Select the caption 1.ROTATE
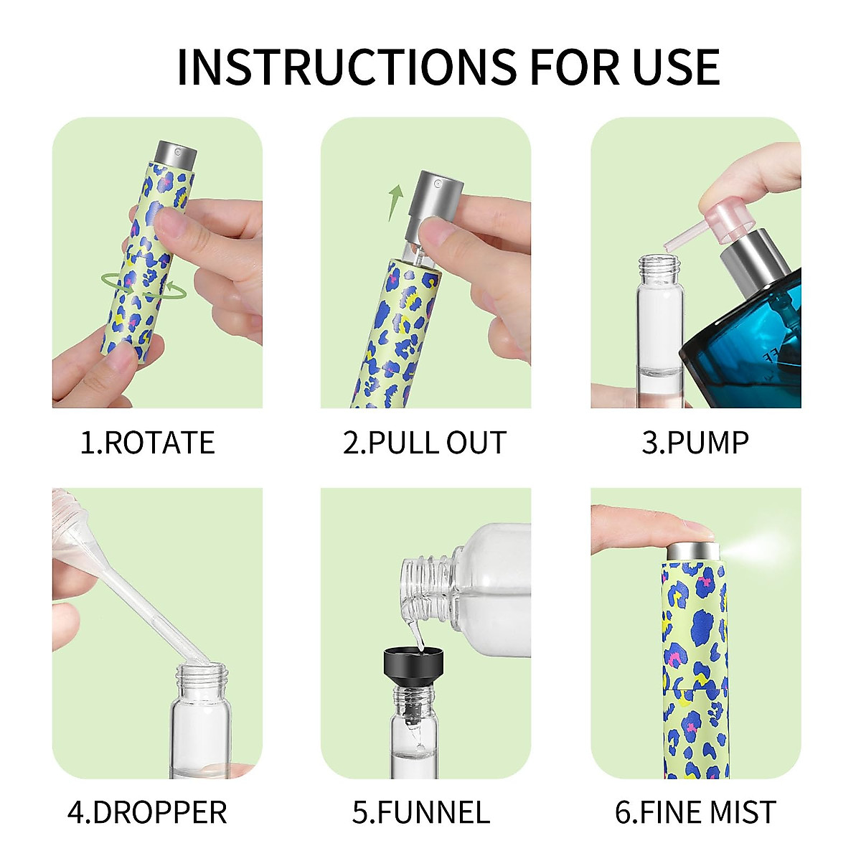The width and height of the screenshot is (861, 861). (x=147, y=443)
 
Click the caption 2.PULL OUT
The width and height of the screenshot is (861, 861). (x=424, y=443)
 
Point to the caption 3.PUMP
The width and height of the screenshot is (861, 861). (x=695, y=443)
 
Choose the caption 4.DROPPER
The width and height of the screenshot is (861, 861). (x=147, y=812)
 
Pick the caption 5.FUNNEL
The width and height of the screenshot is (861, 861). (x=420, y=812)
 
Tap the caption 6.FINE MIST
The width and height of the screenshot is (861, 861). (x=695, y=812)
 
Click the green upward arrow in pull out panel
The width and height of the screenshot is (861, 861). (x=395, y=202)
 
